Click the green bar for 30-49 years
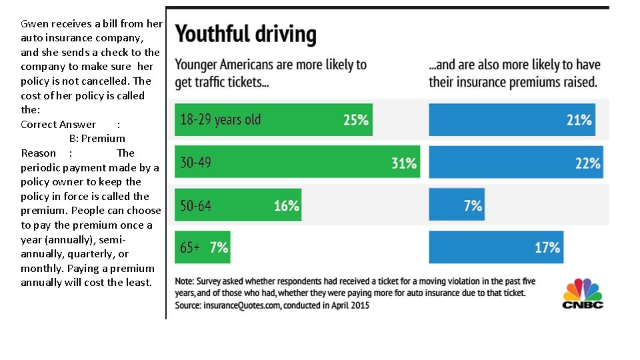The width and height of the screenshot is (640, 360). [297, 162]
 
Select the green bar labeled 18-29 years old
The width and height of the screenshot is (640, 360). [273, 120]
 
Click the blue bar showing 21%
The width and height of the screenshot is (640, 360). [511, 120]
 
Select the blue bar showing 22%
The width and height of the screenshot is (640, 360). [515, 162]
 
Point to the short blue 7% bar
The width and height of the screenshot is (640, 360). [457, 205]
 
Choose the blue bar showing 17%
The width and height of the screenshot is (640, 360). [496, 247]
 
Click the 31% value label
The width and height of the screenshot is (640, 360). [404, 163]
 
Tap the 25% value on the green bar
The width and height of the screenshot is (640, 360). [356, 120]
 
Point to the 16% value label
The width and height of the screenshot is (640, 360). [287, 206]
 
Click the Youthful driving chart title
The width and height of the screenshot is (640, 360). [245, 34]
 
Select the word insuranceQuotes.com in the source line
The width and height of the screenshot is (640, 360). [241, 305]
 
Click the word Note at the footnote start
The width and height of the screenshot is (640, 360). [185, 281]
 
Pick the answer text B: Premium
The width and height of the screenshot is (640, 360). [97, 139]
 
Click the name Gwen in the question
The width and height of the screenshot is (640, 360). [33, 24]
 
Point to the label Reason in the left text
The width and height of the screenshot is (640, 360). [38, 153]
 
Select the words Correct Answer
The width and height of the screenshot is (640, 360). [58, 125]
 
